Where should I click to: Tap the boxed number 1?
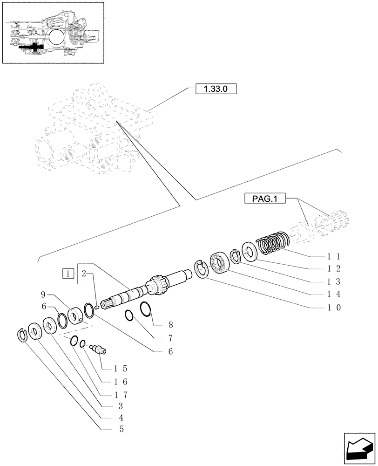68,273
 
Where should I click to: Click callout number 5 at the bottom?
121,429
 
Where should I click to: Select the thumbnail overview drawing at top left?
53,33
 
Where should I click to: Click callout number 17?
121,394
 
